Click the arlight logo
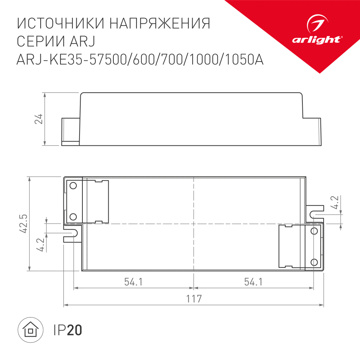[x=316, y=32]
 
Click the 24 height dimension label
[x=39, y=119]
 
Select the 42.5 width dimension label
[x=24, y=224]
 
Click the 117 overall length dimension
[x=194, y=299]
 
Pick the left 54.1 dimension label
[x=134, y=282]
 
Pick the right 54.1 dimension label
[x=253, y=282]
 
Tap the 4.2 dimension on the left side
[x=40, y=245]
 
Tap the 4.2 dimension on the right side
[x=335, y=202]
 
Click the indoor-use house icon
[x=31, y=330]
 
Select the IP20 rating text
[x=68, y=330]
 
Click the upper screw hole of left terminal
[x=73, y=186]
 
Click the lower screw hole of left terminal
[x=73, y=216]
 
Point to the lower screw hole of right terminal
[x=314, y=262]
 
